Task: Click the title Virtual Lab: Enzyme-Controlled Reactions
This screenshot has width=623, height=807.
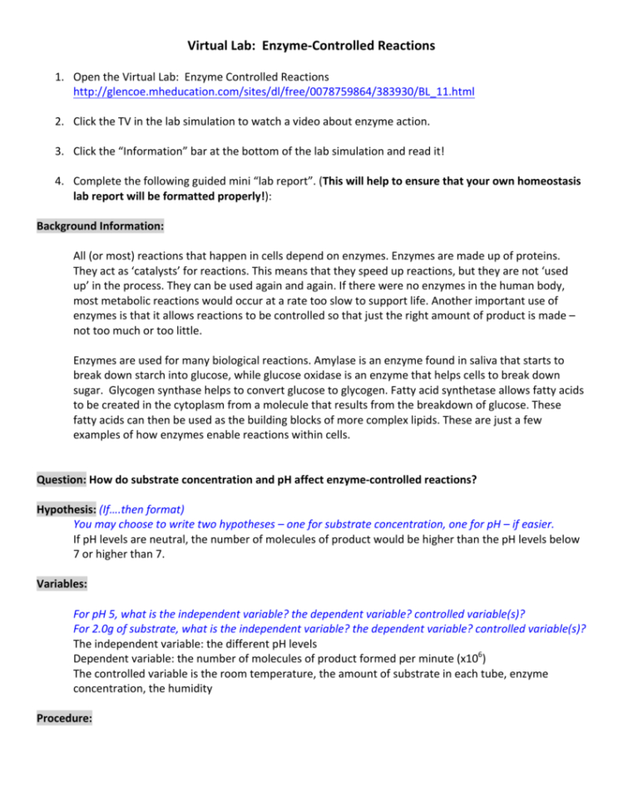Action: pyautogui.click(x=311, y=45)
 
